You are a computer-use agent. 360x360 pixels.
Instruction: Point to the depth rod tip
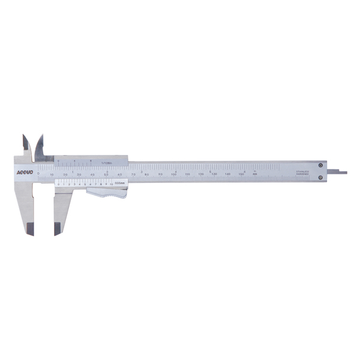(342, 172)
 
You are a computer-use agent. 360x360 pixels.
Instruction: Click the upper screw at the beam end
(321, 166)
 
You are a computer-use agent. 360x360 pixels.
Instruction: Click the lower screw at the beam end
(321, 177)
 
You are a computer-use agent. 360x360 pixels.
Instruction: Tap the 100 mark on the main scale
(174, 174)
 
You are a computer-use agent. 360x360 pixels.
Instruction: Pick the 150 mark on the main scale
(241, 174)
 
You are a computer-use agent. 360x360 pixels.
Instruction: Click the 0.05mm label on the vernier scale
(119, 184)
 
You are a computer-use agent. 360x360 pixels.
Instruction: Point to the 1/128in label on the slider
(107, 161)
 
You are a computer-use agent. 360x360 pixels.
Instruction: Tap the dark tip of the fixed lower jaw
(28, 228)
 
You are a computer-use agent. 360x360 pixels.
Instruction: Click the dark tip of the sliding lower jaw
(58, 228)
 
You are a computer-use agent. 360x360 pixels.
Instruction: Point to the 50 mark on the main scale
(106, 174)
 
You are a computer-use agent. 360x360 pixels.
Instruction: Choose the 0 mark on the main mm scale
(38, 174)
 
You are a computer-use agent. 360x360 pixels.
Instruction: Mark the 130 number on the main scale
(214, 174)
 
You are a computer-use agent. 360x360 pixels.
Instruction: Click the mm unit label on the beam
(254, 174)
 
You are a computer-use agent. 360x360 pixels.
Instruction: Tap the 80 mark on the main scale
(146, 174)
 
